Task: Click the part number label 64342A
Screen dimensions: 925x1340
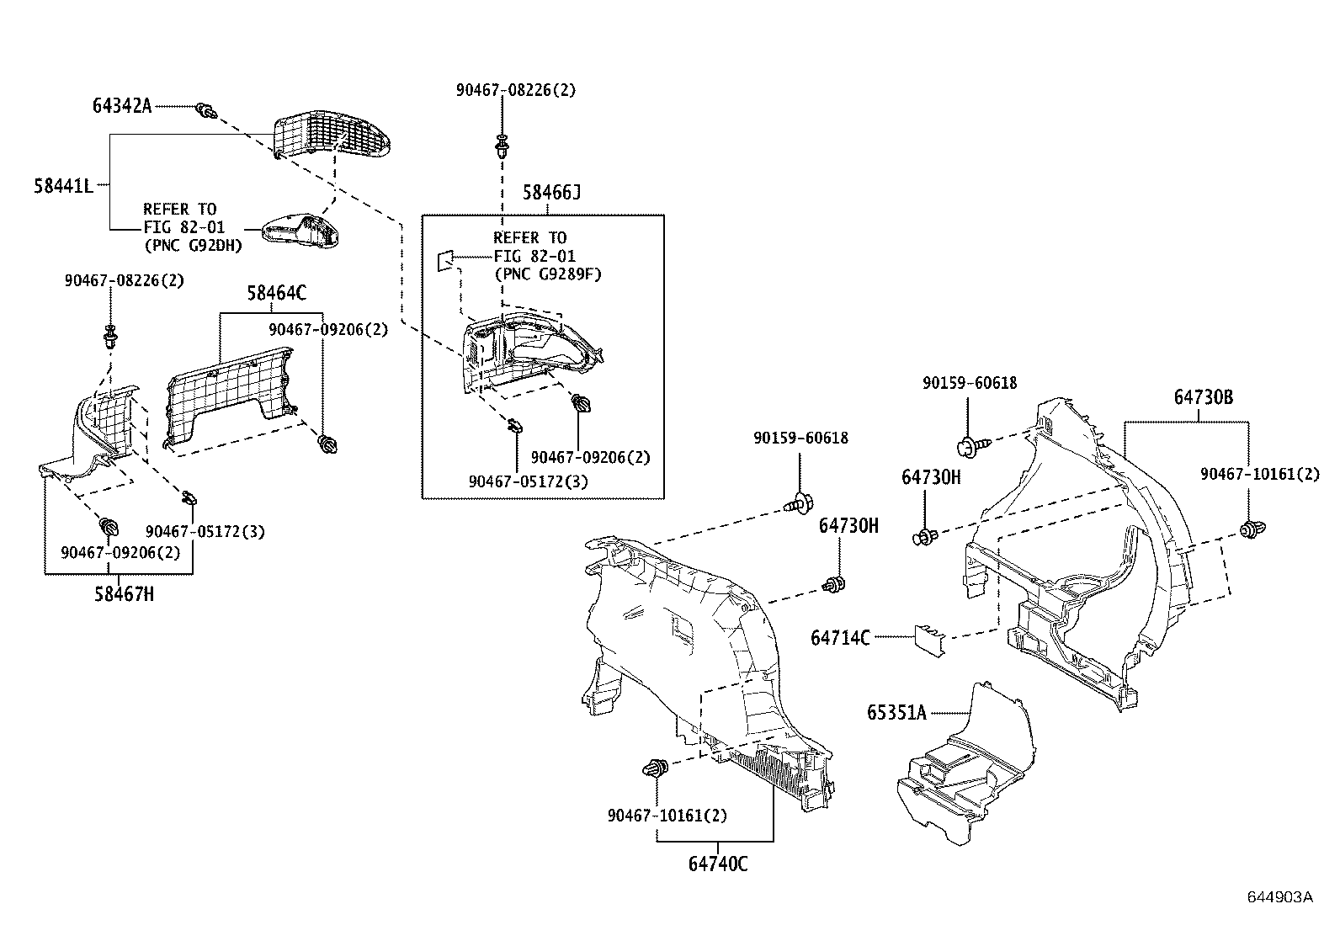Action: coord(122,106)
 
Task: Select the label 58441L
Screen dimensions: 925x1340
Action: coord(62,186)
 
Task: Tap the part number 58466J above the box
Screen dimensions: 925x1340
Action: coord(551,194)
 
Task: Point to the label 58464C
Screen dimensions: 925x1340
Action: coord(276,293)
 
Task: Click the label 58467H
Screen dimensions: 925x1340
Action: coord(125,594)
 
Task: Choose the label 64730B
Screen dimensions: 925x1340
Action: coord(1204,397)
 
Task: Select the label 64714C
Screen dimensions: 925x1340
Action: coord(840,638)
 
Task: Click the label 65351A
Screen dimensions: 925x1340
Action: coord(896,713)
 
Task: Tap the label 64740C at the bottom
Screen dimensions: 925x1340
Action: coord(718,864)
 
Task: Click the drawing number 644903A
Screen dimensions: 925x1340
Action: coord(1279,896)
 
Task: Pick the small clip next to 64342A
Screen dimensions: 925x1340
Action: coord(205,109)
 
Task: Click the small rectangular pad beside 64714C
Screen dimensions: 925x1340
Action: coord(930,640)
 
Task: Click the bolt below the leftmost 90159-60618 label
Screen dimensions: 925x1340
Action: coord(797,504)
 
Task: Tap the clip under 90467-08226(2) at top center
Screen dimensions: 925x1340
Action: coord(502,146)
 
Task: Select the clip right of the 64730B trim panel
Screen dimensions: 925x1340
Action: coord(1252,529)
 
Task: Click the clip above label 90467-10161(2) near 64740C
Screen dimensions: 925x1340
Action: coord(655,768)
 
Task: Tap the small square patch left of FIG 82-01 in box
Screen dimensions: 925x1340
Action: coord(444,260)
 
